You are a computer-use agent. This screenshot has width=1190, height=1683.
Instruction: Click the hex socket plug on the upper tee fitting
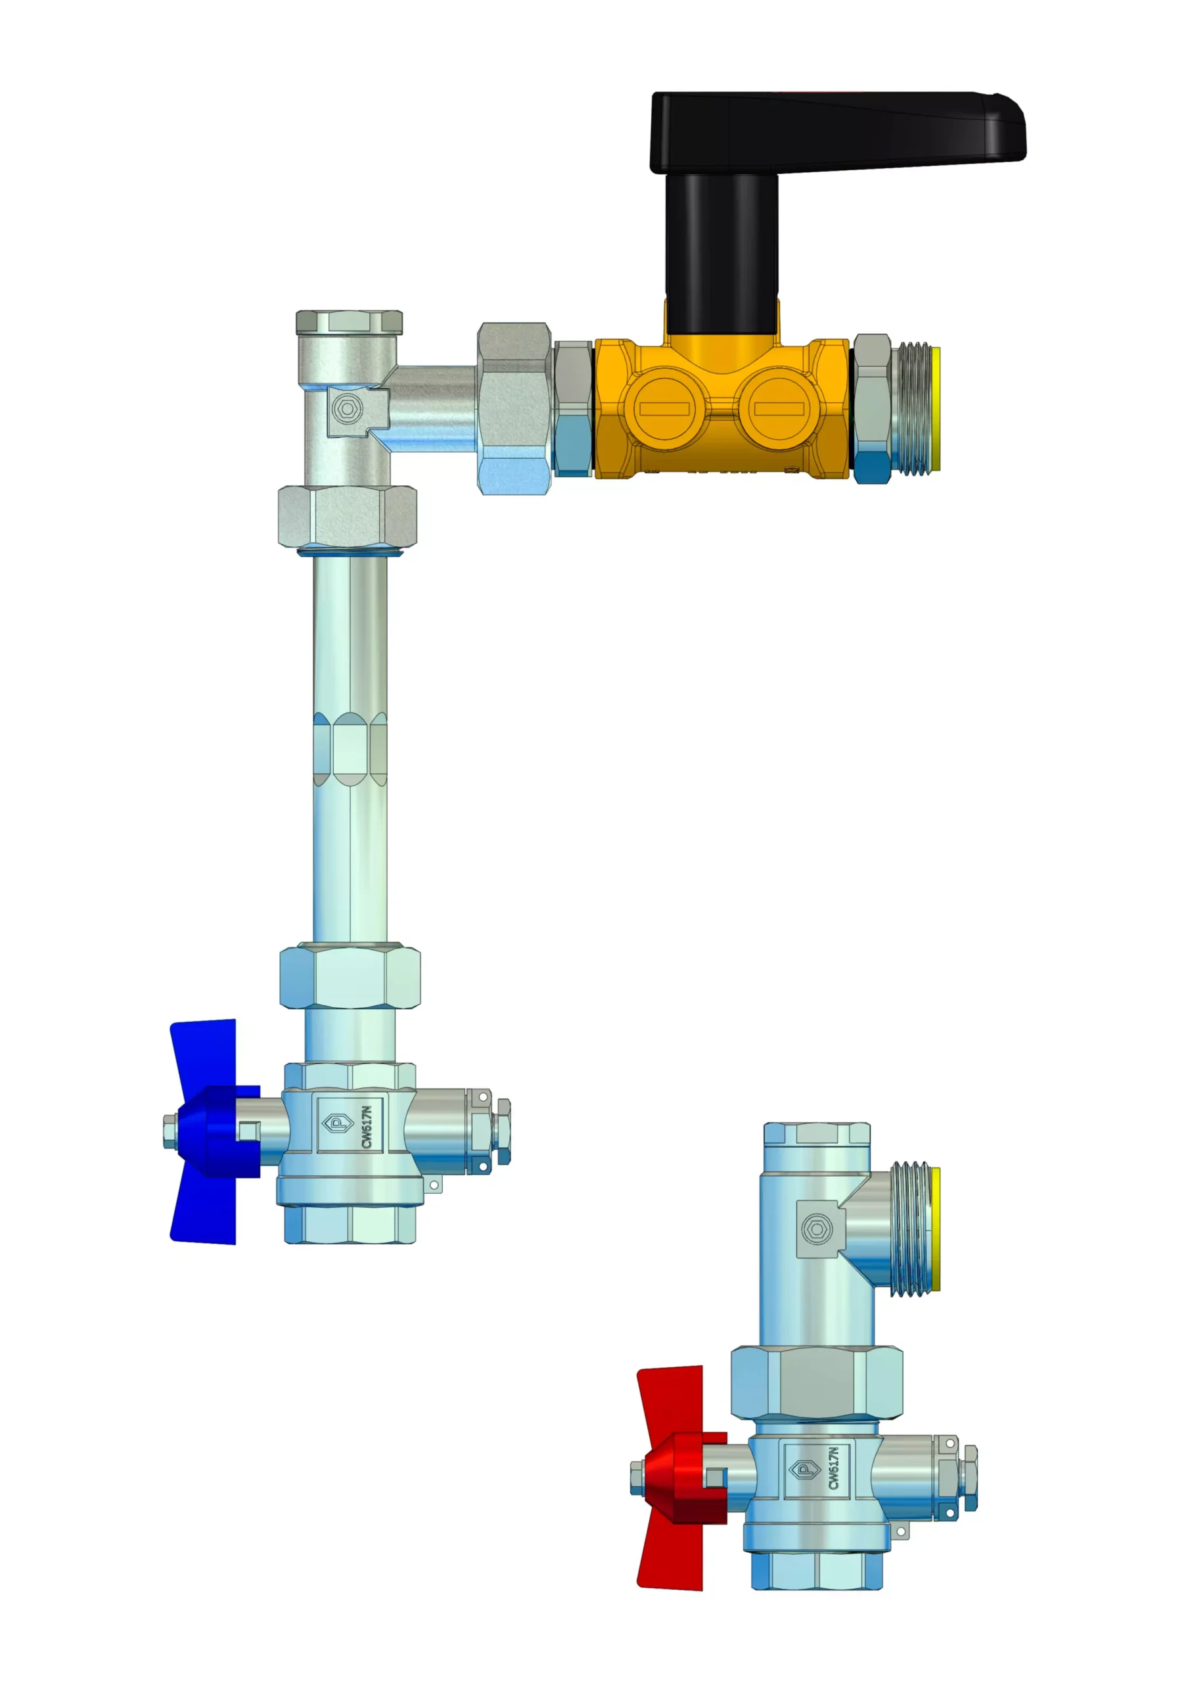[346, 409]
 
